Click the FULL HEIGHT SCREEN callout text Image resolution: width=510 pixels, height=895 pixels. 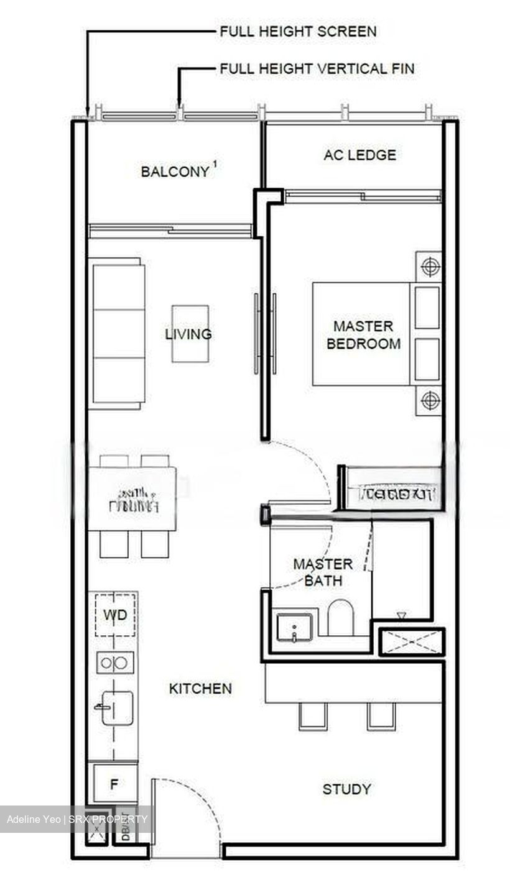(x=298, y=31)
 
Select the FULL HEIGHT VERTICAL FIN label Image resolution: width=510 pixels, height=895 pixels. (x=317, y=68)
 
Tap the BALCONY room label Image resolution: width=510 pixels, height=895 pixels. (x=175, y=172)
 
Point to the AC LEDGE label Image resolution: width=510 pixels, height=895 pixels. (x=359, y=155)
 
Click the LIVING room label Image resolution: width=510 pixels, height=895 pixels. (x=188, y=334)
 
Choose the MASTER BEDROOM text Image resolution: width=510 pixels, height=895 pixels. (x=363, y=334)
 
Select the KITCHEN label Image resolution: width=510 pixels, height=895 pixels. (x=200, y=689)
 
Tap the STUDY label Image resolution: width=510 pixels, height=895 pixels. (x=346, y=789)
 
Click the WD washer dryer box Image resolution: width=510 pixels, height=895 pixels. (x=115, y=615)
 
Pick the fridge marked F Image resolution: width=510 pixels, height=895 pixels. (x=114, y=784)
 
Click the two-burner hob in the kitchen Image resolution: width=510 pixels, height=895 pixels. (x=114, y=663)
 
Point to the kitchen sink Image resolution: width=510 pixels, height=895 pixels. (x=116, y=708)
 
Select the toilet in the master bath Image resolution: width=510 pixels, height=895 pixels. (x=340, y=617)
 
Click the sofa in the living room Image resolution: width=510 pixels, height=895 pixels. (x=118, y=334)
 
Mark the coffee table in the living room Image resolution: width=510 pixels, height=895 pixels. (x=190, y=334)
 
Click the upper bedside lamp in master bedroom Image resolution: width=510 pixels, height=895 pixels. (x=430, y=267)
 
